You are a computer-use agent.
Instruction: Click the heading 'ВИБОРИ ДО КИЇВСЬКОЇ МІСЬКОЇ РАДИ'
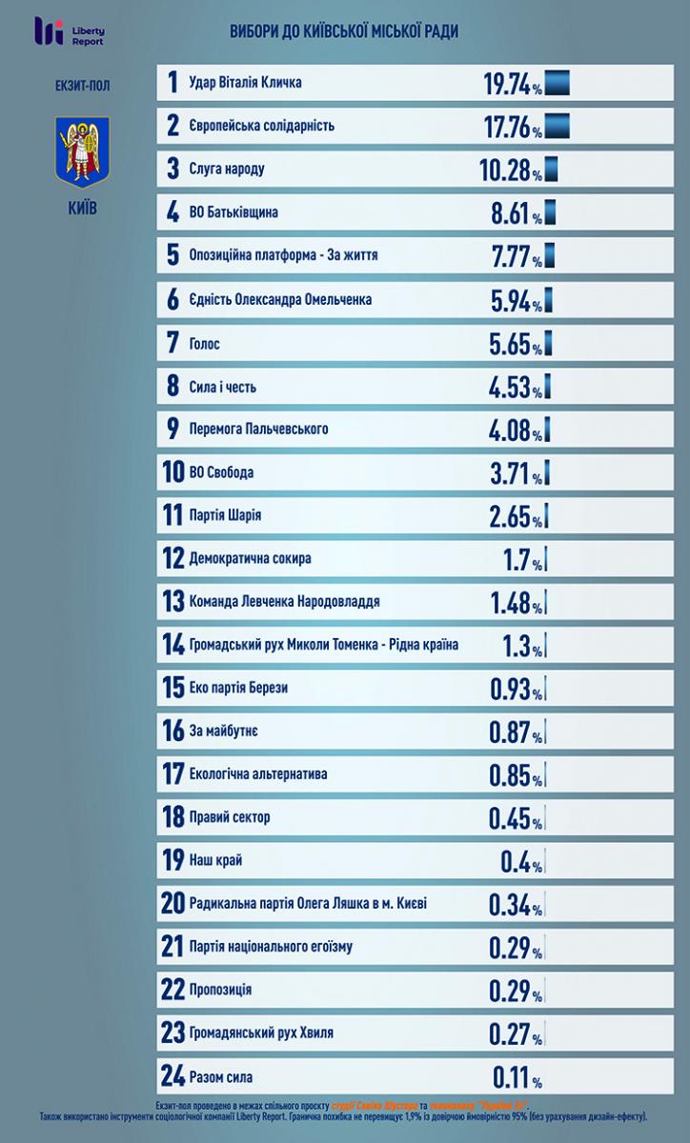click(344, 32)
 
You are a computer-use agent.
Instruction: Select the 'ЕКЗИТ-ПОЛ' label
click(83, 86)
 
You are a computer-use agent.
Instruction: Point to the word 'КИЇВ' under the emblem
click(83, 208)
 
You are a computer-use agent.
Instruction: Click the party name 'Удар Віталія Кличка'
click(246, 83)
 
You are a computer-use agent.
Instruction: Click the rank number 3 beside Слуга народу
click(172, 170)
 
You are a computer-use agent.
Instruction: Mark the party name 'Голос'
click(205, 343)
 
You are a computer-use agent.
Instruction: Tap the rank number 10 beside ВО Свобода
click(172, 472)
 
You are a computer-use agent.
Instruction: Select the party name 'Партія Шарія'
click(226, 515)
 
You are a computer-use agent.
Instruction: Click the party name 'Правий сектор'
click(231, 817)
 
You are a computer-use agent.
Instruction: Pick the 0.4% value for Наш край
click(520, 861)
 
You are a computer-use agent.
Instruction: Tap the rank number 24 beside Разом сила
click(172, 1077)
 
